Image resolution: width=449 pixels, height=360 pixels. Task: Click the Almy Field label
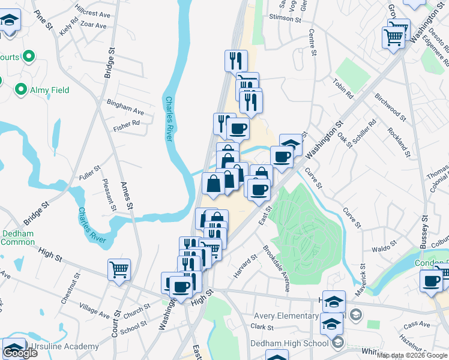coord(50,90)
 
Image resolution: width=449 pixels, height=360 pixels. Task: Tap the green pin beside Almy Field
coord(21,90)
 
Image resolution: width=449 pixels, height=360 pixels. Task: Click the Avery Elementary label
coord(286,316)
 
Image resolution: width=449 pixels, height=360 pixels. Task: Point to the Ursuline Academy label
coord(66,347)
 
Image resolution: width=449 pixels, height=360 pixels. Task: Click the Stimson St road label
coord(286,19)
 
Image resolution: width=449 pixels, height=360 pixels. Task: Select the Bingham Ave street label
coord(125,107)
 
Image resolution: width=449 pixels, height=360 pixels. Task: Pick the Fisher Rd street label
coord(126,126)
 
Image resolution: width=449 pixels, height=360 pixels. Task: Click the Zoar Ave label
coord(93,26)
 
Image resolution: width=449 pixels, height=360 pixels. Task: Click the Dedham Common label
coord(17,238)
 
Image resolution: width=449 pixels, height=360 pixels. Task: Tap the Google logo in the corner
coord(20,353)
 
